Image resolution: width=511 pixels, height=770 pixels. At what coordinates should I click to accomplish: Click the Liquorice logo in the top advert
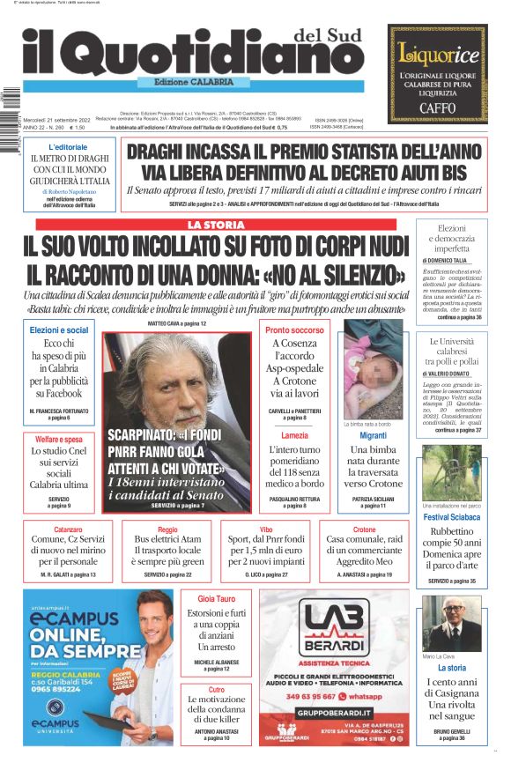[x=438, y=52]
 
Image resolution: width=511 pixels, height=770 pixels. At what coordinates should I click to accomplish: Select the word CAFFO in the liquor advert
[x=437, y=108]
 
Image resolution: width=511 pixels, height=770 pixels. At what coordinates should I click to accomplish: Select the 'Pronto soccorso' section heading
[x=294, y=330]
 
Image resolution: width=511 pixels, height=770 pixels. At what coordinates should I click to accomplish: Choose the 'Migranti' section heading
[x=373, y=435]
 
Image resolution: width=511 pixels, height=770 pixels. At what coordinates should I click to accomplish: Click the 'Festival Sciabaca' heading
[x=449, y=517]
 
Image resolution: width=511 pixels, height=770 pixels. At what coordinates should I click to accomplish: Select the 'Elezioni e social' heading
[x=59, y=330]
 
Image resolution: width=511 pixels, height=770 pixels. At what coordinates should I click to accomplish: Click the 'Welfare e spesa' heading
[x=59, y=439]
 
